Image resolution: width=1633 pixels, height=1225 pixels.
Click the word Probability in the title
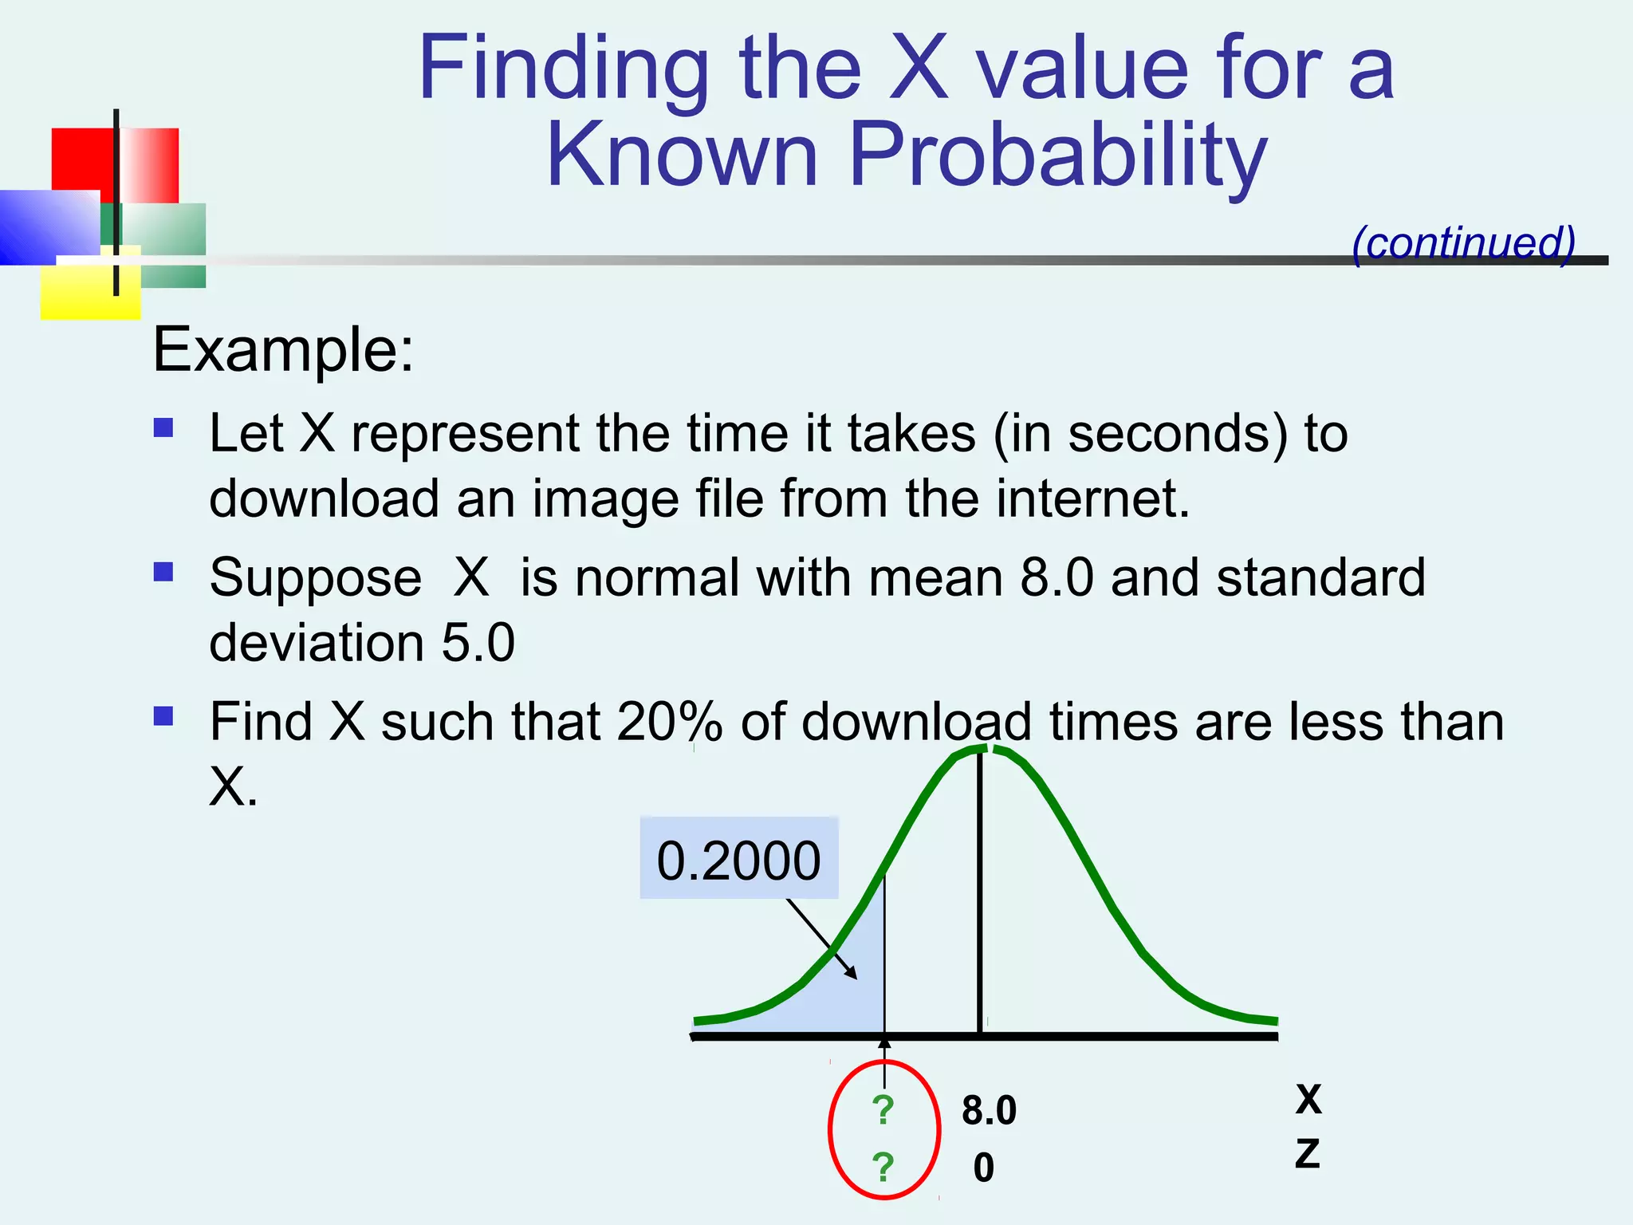(x=1057, y=156)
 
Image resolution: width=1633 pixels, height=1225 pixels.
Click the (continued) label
(x=1464, y=242)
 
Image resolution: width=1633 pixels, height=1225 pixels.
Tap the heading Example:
(x=283, y=349)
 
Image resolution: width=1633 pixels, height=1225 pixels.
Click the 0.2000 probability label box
(x=738, y=859)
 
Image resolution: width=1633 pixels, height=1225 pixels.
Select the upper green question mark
(x=883, y=1109)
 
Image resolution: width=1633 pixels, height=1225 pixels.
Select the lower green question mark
(x=883, y=1167)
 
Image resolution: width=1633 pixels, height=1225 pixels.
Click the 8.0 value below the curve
(x=989, y=1110)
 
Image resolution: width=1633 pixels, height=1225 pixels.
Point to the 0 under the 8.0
(x=984, y=1168)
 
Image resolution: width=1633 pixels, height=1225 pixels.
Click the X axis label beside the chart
(x=1308, y=1100)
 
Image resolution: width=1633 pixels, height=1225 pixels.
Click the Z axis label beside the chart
(x=1308, y=1154)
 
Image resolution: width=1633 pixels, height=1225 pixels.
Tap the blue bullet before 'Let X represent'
(x=163, y=428)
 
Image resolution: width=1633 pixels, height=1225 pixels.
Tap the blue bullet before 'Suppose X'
(x=163, y=572)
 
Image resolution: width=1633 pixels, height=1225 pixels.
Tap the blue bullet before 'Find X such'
(x=163, y=715)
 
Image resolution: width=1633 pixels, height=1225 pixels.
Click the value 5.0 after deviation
(x=478, y=643)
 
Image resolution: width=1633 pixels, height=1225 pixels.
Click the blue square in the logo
(x=44, y=227)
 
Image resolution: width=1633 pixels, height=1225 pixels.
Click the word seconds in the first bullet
(x=1177, y=435)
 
